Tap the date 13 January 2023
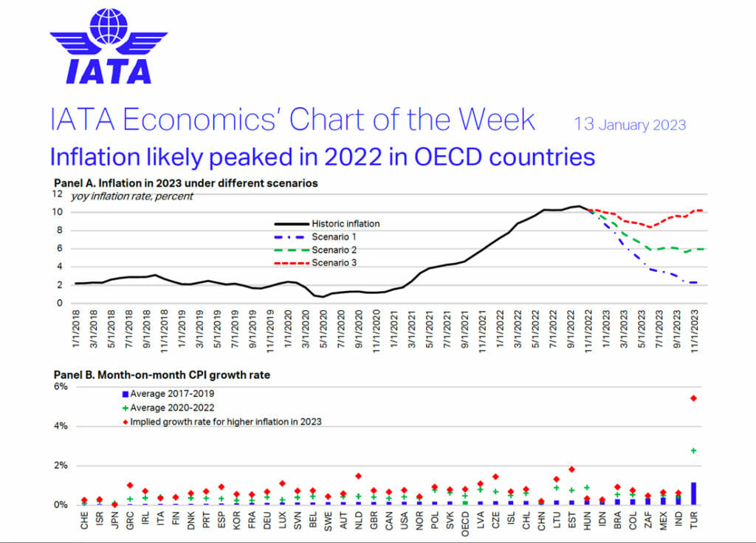[630, 124]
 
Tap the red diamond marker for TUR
[693, 398]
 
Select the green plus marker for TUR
[693, 451]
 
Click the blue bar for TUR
[693, 494]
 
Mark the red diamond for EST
[571, 469]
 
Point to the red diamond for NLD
[358, 477]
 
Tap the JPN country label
[114, 520]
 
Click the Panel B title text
[162, 375]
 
